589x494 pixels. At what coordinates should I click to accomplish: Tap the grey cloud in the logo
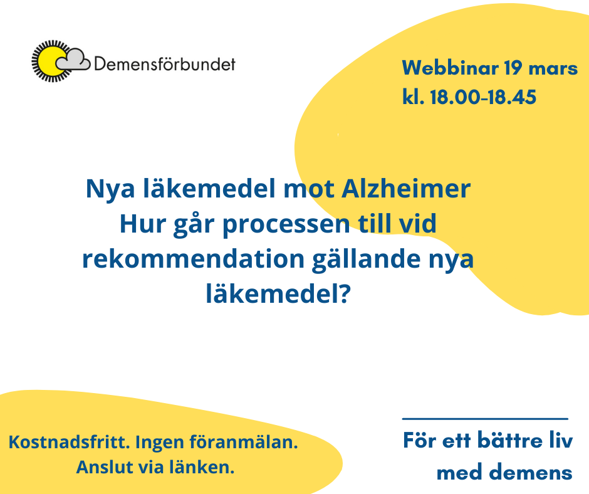pos(74,60)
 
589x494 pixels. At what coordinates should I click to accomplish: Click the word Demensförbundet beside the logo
pos(165,64)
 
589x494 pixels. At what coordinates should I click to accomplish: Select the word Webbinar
pos(451,68)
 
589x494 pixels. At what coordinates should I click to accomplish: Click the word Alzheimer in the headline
pos(406,188)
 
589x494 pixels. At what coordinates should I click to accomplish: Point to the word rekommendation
pos(193,259)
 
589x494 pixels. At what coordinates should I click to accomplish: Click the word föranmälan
pos(243,442)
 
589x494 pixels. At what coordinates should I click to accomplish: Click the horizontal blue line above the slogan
pos(485,418)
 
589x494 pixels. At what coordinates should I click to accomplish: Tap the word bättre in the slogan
pos(510,440)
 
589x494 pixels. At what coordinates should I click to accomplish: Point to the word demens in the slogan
pos(532,473)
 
